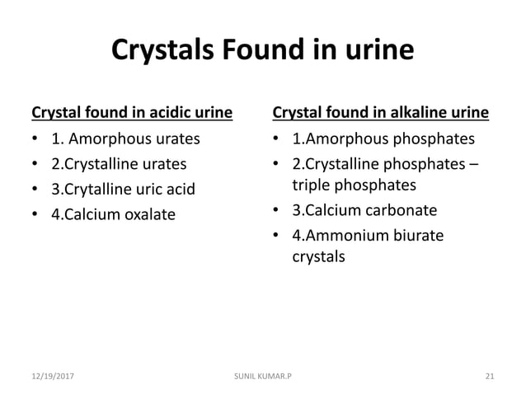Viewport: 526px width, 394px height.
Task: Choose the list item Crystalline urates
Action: click(119, 163)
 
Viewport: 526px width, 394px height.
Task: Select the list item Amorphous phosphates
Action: click(383, 138)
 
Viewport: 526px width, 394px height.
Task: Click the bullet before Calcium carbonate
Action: click(278, 210)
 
